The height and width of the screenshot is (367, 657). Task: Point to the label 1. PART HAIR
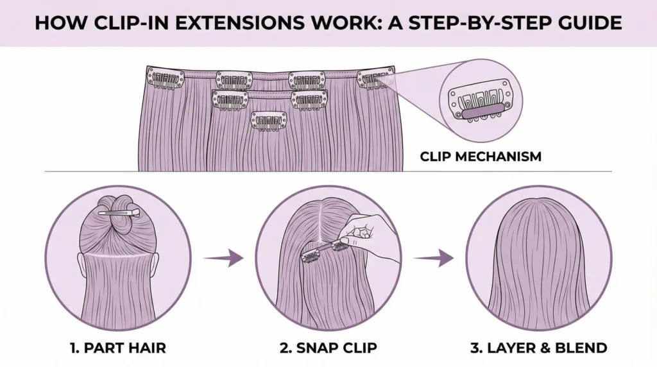118,348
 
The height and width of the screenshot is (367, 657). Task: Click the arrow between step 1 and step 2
224,259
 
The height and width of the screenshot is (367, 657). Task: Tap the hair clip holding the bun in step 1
119,212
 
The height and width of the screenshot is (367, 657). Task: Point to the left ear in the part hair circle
82,263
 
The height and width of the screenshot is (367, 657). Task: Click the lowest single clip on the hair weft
268,120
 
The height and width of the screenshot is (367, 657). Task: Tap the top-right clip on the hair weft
375,78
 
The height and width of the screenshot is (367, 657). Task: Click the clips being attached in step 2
324,251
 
